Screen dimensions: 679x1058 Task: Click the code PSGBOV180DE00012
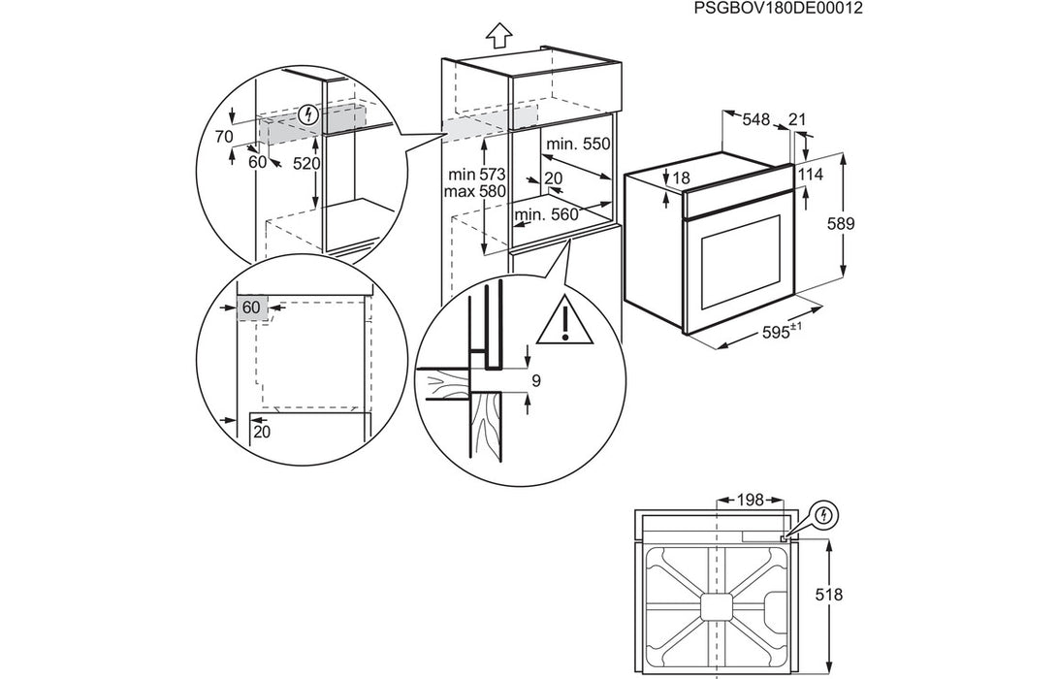pos(778,9)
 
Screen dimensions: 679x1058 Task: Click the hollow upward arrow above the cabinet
pos(497,36)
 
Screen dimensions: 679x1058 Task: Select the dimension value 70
pos(224,137)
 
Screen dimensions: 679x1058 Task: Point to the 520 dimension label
pos(306,164)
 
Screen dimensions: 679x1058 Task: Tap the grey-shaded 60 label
pos(251,307)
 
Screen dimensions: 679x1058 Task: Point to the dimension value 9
pos(534,381)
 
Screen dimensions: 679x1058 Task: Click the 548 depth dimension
pos(756,120)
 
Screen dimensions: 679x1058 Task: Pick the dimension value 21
pos(798,119)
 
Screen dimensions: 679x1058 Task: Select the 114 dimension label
pos(811,174)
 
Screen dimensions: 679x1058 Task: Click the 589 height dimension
pos(841,224)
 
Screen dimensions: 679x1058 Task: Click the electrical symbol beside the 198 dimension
pos(824,514)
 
